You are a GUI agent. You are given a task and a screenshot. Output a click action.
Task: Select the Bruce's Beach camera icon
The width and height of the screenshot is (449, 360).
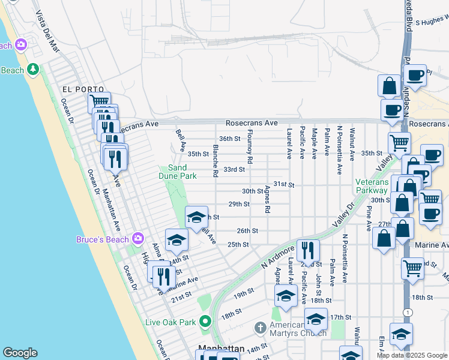click(139, 239)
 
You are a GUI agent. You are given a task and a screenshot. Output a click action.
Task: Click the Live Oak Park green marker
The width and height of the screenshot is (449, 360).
click(206, 322)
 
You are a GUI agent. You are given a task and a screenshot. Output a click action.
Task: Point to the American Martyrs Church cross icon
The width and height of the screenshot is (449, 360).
click(259, 328)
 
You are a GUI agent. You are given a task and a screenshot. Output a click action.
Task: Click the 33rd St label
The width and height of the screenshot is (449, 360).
click(234, 170)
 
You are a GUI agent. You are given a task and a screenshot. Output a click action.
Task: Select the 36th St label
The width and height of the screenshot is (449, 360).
click(229, 139)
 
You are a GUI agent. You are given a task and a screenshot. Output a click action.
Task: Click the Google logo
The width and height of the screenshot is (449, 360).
click(20, 353)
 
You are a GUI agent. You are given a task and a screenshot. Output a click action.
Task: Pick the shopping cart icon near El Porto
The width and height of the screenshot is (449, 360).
click(99, 102)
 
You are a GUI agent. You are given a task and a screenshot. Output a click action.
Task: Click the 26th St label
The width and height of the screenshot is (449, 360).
click(247, 230)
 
